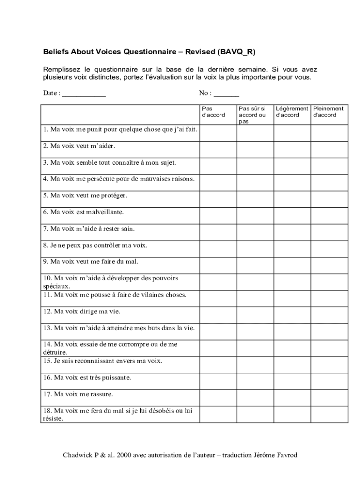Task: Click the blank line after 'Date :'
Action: click(x=84, y=94)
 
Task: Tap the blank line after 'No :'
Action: click(x=226, y=94)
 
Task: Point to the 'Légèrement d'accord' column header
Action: click(x=292, y=112)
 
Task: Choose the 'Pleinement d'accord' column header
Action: click(x=328, y=112)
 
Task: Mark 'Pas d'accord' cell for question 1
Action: click(x=218, y=133)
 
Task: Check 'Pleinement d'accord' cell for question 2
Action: click(x=330, y=150)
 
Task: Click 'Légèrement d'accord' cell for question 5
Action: click(x=292, y=199)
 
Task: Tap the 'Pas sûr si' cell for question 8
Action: click(x=255, y=249)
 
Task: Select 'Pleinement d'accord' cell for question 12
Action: click(x=330, y=315)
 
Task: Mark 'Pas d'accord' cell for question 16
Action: click(x=218, y=381)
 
